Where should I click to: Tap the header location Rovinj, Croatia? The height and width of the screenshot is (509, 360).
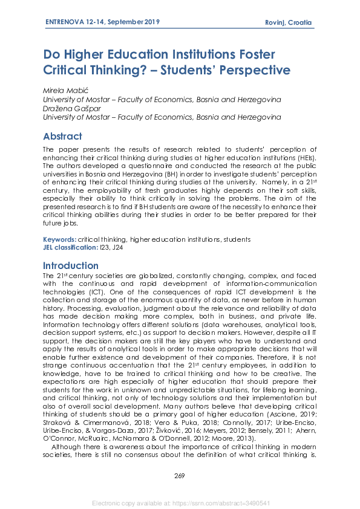click(x=289, y=23)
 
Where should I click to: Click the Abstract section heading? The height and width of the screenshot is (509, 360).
click(x=62, y=136)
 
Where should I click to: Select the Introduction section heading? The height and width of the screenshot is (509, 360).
click(x=71, y=265)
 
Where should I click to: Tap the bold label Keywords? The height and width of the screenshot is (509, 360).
click(x=60, y=239)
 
